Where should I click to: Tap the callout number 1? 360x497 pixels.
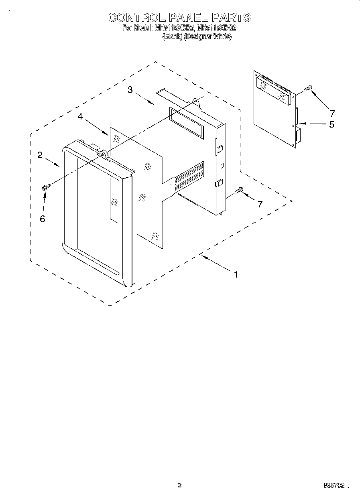point(236,275)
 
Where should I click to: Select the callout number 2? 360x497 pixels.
point(40,155)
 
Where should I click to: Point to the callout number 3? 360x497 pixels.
point(130,90)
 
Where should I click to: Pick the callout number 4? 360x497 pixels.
point(80,116)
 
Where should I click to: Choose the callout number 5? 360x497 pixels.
point(332,124)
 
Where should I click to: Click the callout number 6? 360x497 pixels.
point(43,219)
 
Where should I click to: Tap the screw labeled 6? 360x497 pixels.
point(45,187)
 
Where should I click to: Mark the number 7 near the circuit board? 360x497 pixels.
point(332,113)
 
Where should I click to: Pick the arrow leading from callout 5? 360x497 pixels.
point(313,124)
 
